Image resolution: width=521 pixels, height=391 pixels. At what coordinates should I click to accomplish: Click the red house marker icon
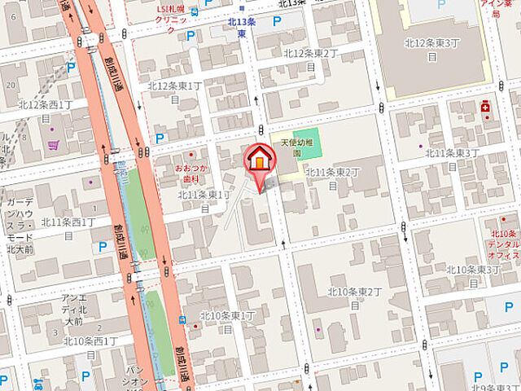coord(259,159)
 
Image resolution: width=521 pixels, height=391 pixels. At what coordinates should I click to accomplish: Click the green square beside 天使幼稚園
coord(307,141)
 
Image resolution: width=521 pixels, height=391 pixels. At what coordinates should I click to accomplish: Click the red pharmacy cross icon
coord(485,105)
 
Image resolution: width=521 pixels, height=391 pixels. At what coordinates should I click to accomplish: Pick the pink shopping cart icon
coord(53,145)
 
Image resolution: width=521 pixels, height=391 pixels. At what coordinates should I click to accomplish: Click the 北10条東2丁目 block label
coord(355,298)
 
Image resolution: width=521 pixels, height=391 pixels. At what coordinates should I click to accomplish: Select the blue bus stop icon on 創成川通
coord(183,320)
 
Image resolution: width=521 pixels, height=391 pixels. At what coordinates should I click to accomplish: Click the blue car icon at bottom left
coord(39,381)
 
